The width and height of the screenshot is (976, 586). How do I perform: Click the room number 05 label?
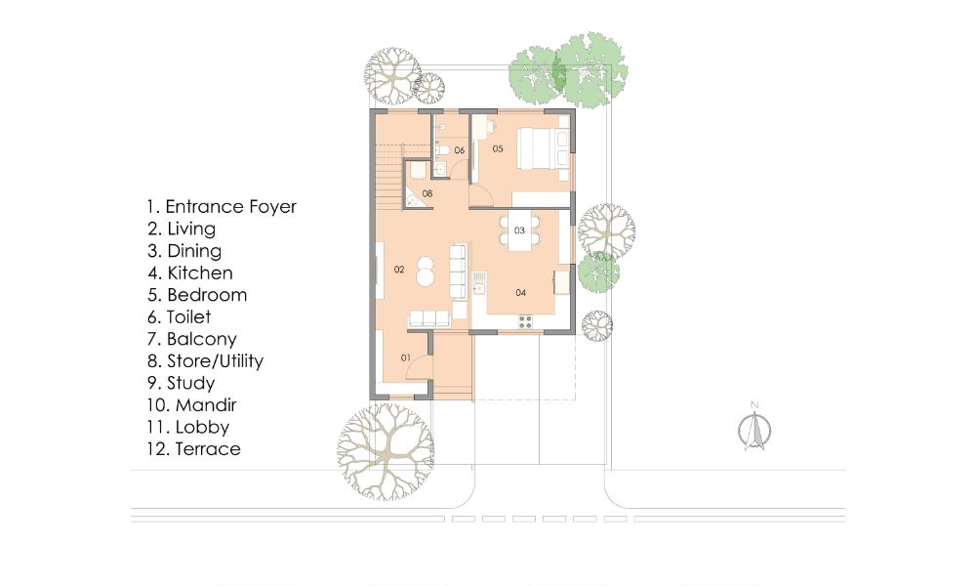498,148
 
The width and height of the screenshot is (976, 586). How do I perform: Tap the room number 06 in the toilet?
460,150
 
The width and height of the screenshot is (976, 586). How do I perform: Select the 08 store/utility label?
427,193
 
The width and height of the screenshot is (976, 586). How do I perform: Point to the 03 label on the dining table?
520,230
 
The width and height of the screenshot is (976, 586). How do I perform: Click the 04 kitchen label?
521,293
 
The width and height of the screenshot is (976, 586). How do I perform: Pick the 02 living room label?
399,270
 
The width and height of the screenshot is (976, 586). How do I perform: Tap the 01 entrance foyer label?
406,358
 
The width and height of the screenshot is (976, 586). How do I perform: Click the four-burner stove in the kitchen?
525,321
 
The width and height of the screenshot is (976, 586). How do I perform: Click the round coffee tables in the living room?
427,271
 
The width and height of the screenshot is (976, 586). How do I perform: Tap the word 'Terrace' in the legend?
208,449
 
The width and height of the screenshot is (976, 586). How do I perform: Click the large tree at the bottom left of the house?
386,451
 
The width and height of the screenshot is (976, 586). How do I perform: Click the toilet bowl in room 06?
441,149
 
